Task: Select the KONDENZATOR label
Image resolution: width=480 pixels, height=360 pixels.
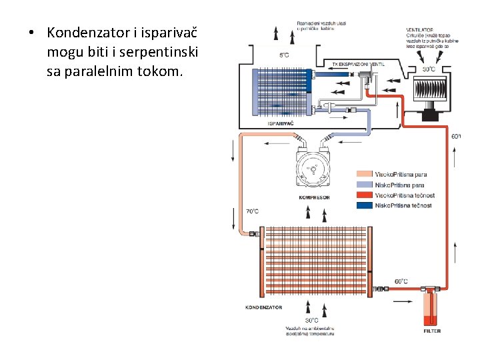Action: (x=264, y=307)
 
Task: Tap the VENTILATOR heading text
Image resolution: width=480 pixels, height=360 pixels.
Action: (x=420, y=30)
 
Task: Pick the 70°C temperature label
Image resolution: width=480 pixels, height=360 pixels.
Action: (x=252, y=211)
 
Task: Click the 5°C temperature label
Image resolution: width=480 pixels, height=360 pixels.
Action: (x=284, y=55)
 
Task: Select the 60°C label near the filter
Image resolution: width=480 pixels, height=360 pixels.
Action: (x=401, y=281)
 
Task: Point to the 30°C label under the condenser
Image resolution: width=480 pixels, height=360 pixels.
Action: (x=311, y=320)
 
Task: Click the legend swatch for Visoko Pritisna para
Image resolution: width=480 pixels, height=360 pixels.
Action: (x=364, y=175)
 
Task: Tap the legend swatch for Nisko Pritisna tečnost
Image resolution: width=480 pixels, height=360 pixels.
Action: (x=364, y=205)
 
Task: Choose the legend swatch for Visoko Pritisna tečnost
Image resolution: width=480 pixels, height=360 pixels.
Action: (x=364, y=195)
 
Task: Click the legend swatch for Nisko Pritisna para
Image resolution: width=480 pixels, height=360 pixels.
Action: (x=364, y=185)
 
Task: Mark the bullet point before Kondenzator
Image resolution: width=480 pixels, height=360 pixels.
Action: (x=31, y=33)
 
